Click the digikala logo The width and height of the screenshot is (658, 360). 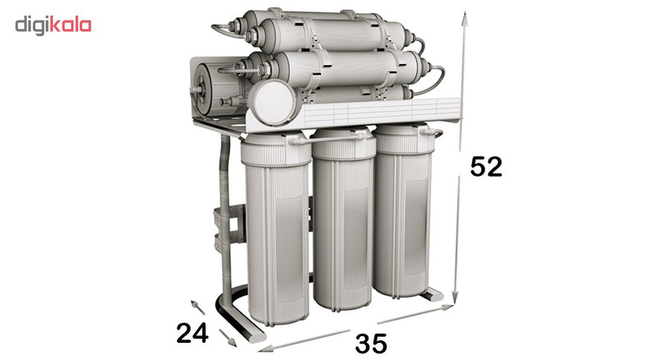53,25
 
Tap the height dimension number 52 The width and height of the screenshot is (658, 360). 486,167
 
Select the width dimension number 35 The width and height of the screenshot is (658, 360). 371,344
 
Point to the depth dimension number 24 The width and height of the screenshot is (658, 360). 192,333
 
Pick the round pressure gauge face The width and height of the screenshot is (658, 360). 272,102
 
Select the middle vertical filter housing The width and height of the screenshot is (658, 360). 343,219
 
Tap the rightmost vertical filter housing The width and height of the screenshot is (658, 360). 403,210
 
